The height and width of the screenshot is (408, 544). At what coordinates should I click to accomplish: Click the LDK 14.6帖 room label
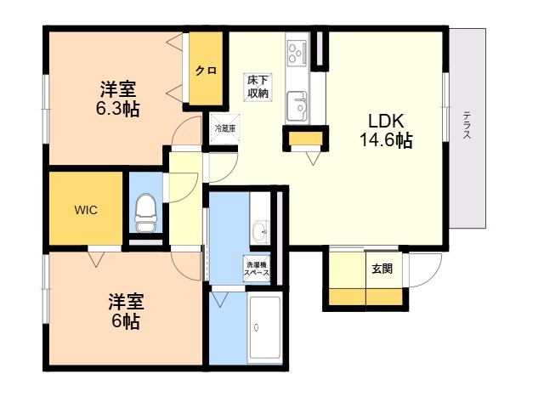click(x=386, y=131)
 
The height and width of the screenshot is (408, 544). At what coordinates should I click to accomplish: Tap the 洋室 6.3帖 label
click(x=118, y=99)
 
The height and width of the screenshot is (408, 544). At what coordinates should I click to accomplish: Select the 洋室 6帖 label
click(x=126, y=312)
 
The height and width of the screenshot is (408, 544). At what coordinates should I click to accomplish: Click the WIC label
click(x=86, y=210)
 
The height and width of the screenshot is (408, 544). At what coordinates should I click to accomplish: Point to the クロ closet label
click(x=206, y=71)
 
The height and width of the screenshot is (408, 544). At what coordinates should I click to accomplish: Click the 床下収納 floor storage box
click(x=258, y=87)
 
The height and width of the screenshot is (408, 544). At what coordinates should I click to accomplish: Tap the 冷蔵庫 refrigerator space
click(x=224, y=128)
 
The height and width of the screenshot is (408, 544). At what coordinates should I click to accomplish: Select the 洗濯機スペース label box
click(x=257, y=269)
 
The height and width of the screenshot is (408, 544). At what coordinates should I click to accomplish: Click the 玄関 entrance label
click(x=382, y=269)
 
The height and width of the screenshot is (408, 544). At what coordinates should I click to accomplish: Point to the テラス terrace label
click(x=467, y=125)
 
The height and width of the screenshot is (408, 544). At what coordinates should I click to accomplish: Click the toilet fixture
click(x=145, y=212)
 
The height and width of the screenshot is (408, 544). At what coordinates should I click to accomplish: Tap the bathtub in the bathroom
click(x=265, y=327)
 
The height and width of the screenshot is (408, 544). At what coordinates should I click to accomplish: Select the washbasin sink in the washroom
click(x=261, y=230)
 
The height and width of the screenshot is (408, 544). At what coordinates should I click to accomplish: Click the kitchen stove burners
click(x=297, y=54)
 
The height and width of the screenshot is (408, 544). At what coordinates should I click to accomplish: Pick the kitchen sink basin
click(x=297, y=105)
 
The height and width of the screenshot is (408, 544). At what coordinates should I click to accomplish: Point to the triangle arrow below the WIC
click(x=96, y=259)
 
